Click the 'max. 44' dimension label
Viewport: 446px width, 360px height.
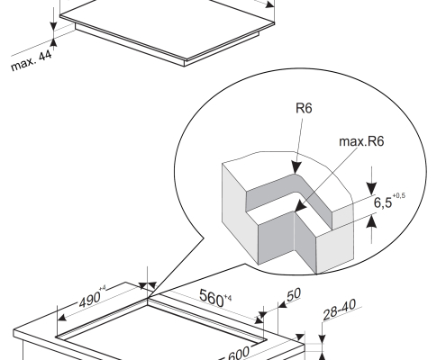click(x=32, y=60)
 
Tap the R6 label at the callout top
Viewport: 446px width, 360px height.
click(x=304, y=108)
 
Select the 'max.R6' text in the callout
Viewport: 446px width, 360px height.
click(x=361, y=141)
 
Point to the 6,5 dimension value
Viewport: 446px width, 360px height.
click(x=383, y=202)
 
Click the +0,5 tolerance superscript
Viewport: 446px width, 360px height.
click(x=398, y=195)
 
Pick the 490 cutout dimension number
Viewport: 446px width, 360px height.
click(x=89, y=300)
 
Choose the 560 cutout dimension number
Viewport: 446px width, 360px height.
click(x=212, y=298)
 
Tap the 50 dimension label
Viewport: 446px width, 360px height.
click(x=294, y=295)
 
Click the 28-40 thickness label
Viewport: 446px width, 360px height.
click(x=339, y=310)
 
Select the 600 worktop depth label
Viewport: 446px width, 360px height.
click(x=239, y=354)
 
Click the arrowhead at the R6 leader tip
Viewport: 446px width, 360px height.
click(x=296, y=167)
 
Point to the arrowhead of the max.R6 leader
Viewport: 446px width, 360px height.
click(x=301, y=207)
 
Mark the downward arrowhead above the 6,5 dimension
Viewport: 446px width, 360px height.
click(x=372, y=189)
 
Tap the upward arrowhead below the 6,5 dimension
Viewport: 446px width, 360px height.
click(x=372, y=221)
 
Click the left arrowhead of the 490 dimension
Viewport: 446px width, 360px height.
click(x=62, y=318)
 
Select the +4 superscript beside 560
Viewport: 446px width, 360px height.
click(x=228, y=298)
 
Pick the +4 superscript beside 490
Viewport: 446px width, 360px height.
click(x=103, y=288)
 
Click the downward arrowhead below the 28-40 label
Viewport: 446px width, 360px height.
click(x=322, y=338)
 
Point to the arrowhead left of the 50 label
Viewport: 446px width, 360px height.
click(x=282, y=305)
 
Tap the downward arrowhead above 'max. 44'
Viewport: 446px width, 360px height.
click(x=53, y=25)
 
